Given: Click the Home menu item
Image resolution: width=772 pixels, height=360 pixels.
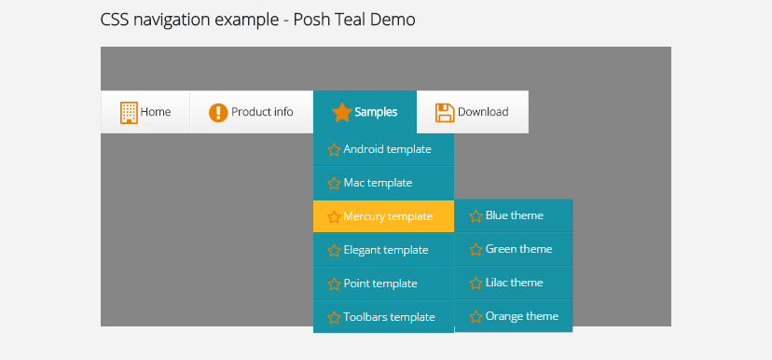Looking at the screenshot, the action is pyautogui.click(x=145, y=112).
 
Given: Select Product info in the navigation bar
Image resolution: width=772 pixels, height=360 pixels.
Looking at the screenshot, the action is pyautogui.click(x=252, y=112).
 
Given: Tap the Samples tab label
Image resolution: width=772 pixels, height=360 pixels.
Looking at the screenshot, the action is pyautogui.click(x=376, y=112).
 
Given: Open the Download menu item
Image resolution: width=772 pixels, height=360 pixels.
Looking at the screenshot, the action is pyautogui.click(x=473, y=112).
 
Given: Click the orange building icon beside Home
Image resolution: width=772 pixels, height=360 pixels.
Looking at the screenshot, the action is pyautogui.click(x=129, y=112).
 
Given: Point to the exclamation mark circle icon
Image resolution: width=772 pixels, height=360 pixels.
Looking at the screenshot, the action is pyautogui.click(x=218, y=113).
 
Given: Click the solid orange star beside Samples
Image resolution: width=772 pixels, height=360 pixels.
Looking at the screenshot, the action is pyautogui.click(x=341, y=112).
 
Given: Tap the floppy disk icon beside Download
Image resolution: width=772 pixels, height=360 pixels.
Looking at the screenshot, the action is pyautogui.click(x=445, y=113).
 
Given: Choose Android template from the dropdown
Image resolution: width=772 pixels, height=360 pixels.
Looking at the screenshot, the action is pyautogui.click(x=383, y=149).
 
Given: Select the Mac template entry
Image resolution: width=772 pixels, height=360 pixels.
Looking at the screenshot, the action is pyautogui.click(x=383, y=183).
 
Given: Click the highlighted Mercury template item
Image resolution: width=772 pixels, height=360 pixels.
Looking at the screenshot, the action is pyautogui.click(x=383, y=216).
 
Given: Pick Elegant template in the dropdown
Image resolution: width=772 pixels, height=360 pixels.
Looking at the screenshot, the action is pyautogui.click(x=383, y=250).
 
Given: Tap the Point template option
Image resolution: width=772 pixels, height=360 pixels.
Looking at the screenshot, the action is pyautogui.click(x=383, y=284).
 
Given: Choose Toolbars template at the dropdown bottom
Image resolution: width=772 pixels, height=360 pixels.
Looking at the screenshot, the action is pyautogui.click(x=383, y=317).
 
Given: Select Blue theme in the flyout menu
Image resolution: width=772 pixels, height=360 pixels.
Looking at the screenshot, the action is pyautogui.click(x=514, y=215).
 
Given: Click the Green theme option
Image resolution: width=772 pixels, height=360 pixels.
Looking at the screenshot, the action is pyautogui.click(x=514, y=249).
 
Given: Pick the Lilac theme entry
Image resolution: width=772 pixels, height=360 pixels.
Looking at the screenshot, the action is pyautogui.click(x=514, y=283).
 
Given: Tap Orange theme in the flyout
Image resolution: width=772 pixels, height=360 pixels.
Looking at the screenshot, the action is pyautogui.click(x=514, y=316).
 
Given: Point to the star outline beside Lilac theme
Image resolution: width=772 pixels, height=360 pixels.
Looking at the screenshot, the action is pyautogui.click(x=476, y=284).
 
